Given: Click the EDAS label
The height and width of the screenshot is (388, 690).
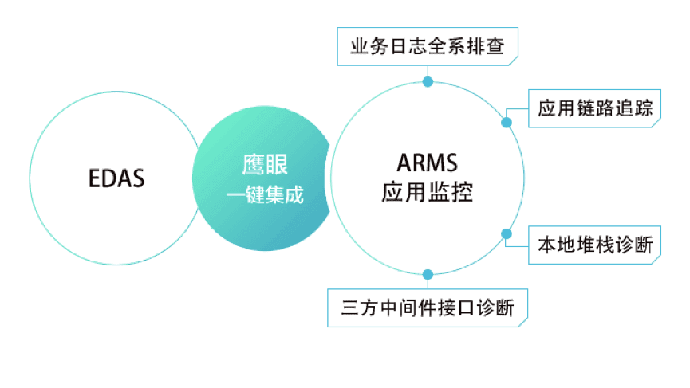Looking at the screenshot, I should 116,177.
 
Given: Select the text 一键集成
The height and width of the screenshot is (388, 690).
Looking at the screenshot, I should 265,195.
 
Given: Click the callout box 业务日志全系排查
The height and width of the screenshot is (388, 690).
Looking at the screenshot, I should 428,45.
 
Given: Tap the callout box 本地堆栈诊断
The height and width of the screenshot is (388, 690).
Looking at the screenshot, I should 596,246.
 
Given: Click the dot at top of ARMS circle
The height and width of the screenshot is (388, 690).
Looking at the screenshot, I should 428,82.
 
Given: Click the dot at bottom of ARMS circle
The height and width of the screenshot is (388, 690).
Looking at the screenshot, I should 428,274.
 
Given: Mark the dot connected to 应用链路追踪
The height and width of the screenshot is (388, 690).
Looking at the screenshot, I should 506,123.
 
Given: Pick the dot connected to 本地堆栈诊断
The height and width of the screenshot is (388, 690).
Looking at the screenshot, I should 506,233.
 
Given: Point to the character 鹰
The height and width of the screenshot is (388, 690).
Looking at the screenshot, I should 253,165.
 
